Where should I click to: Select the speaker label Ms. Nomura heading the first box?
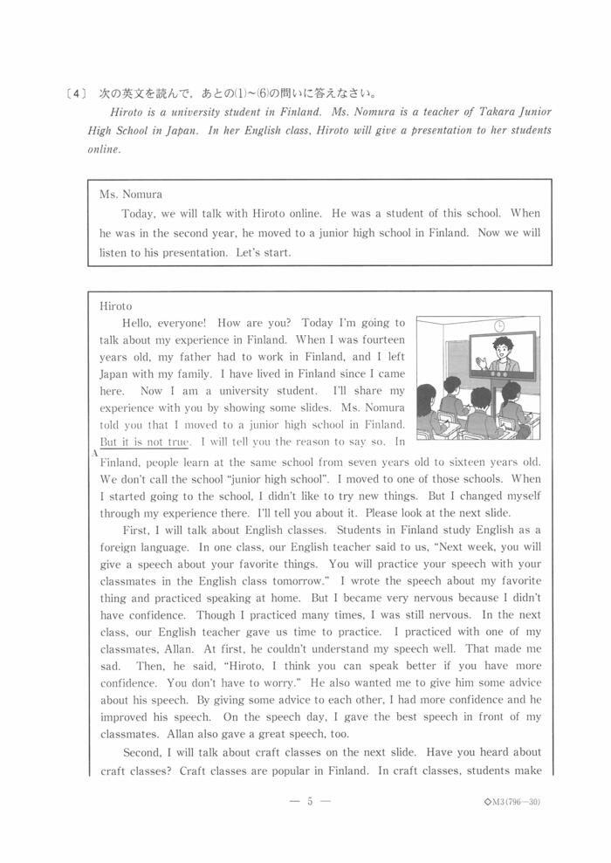131,194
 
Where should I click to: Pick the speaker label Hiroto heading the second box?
115,306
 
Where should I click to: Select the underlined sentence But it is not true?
145,442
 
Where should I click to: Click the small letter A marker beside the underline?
93,453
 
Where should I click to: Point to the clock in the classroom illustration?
499,325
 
